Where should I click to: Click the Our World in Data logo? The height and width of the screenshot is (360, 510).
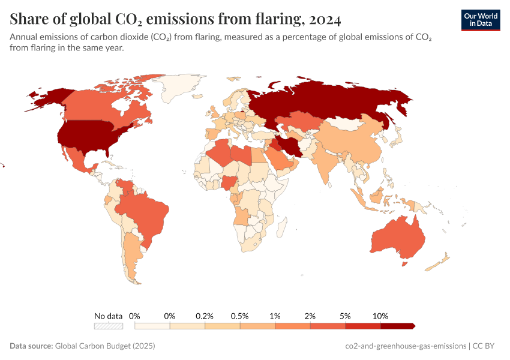[x=481, y=20]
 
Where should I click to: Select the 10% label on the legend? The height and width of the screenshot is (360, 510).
[x=380, y=316]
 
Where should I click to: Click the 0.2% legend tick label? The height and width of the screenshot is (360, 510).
[x=205, y=316]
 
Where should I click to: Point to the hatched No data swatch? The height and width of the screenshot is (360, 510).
[x=109, y=326]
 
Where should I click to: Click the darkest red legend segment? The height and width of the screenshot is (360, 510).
[x=397, y=326]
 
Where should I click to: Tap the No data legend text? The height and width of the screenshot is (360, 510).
[x=109, y=316]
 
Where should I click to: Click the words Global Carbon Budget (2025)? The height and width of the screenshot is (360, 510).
[x=105, y=346]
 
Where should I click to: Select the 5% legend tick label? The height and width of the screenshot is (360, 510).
[x=345, y=316]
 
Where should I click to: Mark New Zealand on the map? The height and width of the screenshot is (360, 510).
[x=442, y=259]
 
